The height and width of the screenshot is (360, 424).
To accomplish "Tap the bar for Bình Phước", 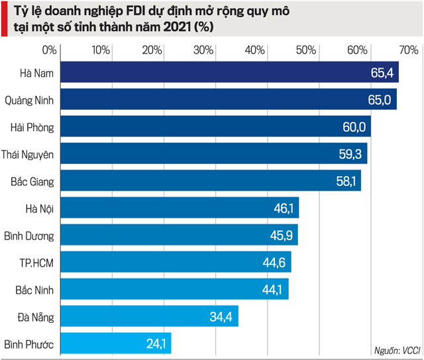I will pyautogui.click(x=116, y=343).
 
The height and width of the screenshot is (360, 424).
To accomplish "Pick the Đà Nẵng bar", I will pyautogui.click(x=149, y=316).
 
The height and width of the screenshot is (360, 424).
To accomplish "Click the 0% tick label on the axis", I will pyautogui.click(x=50, y=50).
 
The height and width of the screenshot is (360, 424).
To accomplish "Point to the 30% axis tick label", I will pyautogui.click(x=203, y=50).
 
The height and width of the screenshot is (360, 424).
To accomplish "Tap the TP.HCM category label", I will pyautogui.click(x=36, y=262).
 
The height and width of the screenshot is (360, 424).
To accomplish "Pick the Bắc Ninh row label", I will pyautogui.click(x=34, y=289).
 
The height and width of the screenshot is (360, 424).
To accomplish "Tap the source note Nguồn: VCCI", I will pyautogui.click(x=396, y=350).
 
